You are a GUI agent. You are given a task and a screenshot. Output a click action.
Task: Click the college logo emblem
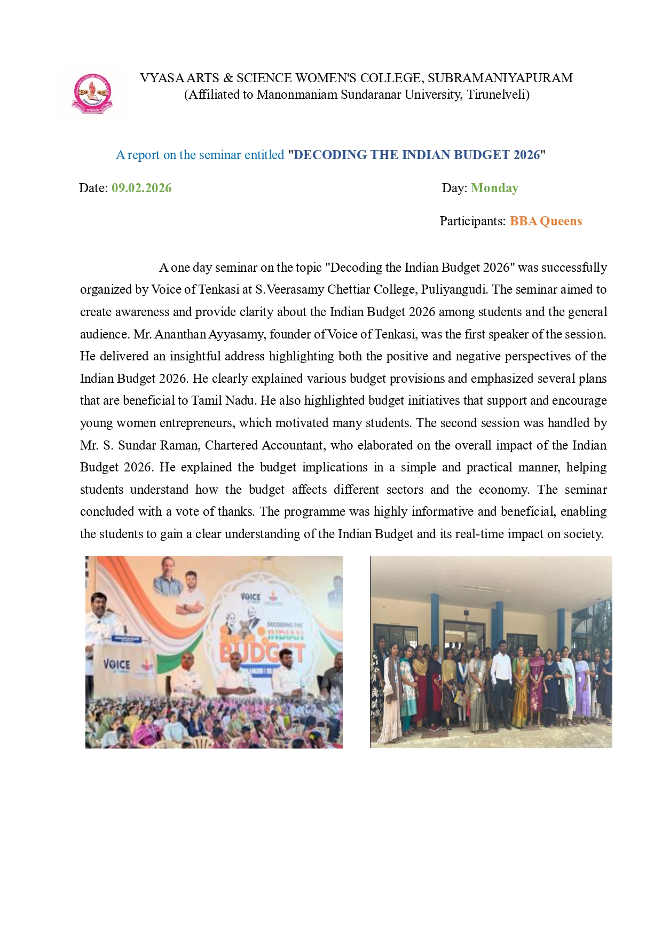pos(92,92)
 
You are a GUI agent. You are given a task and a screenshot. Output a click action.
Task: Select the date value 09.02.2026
pos(141,188)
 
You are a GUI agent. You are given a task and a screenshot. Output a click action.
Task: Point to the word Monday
pos(494,188)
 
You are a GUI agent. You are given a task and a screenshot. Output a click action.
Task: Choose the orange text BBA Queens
pos(546,221)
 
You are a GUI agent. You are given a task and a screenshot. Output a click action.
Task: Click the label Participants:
pos(472,221)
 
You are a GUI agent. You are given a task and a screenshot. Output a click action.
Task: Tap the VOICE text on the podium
pos(116,664)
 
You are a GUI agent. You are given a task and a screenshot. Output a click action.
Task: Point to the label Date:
pos(93,188)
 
